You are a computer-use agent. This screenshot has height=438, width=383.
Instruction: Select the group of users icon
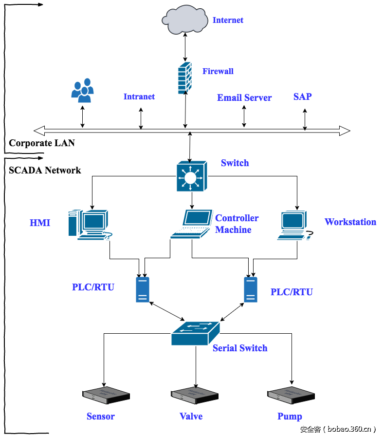(x=83, y=91)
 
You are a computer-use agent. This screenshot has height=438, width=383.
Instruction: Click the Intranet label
(x=139, y=96)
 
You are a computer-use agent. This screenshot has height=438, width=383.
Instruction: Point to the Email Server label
(x=244, y=97)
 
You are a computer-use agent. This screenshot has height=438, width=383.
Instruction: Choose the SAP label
(x=302, y=96)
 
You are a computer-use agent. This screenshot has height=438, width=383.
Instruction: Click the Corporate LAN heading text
(x=42, y=143)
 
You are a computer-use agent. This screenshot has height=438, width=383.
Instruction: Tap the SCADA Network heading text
(x=45, y=170)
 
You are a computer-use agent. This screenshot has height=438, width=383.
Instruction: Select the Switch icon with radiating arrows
(x=191, y=177)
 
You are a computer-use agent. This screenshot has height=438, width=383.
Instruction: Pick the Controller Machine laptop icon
(x=192, y=224)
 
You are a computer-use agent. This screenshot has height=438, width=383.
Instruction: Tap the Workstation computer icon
(x=295, y=226)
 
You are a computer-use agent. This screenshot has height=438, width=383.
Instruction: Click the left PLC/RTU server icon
(x=143, y=289)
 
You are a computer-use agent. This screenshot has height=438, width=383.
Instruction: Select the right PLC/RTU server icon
(x=251, y=289)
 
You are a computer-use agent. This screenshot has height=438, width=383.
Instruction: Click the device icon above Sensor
(x=106, y=396)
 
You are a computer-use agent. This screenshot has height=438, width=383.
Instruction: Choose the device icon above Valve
(x=195, y=396)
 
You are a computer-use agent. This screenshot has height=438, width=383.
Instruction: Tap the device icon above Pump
(x=291, y=396)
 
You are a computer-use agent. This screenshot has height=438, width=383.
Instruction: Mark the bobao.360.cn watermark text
(x=338, y=429)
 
